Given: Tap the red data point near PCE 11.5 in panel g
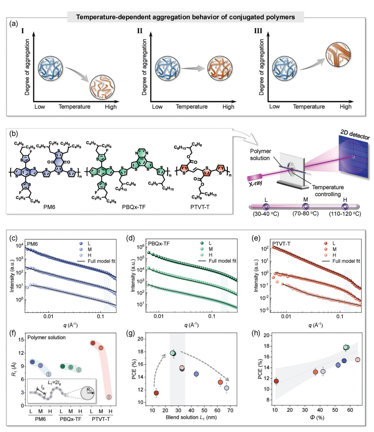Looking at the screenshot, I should [156, 393].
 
